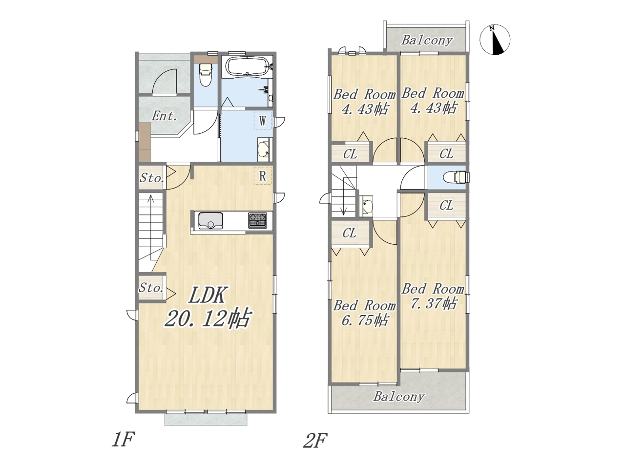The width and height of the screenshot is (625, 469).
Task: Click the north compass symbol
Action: tap(495, 40)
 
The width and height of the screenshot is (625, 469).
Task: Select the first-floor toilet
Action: tap(205, 75)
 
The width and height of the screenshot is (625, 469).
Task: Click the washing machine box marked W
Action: tap(263, 121)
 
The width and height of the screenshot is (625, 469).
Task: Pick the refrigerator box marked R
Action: tap(263, 176)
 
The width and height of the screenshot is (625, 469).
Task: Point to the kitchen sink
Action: tap(210, 221)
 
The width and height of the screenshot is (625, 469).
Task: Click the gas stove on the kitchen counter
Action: tap(258, 220)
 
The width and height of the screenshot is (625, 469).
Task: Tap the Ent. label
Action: tap(164, 116)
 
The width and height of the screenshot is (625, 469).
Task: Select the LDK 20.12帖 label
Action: tap(208, 307)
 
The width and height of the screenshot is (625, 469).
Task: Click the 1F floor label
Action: tap(123, 440)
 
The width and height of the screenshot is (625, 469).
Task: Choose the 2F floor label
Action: tap(315, 440)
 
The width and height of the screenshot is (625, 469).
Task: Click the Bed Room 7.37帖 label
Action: tap(433, 297)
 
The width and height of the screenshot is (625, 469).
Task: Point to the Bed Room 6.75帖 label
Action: tap(364, 313)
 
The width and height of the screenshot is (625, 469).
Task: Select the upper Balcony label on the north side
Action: tap(427, 41)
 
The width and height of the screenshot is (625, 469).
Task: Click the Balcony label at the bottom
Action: tap(399, 397)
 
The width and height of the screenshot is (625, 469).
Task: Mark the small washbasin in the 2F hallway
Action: tap(366, 207)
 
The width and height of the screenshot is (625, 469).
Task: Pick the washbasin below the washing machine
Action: tap(265, 150)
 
